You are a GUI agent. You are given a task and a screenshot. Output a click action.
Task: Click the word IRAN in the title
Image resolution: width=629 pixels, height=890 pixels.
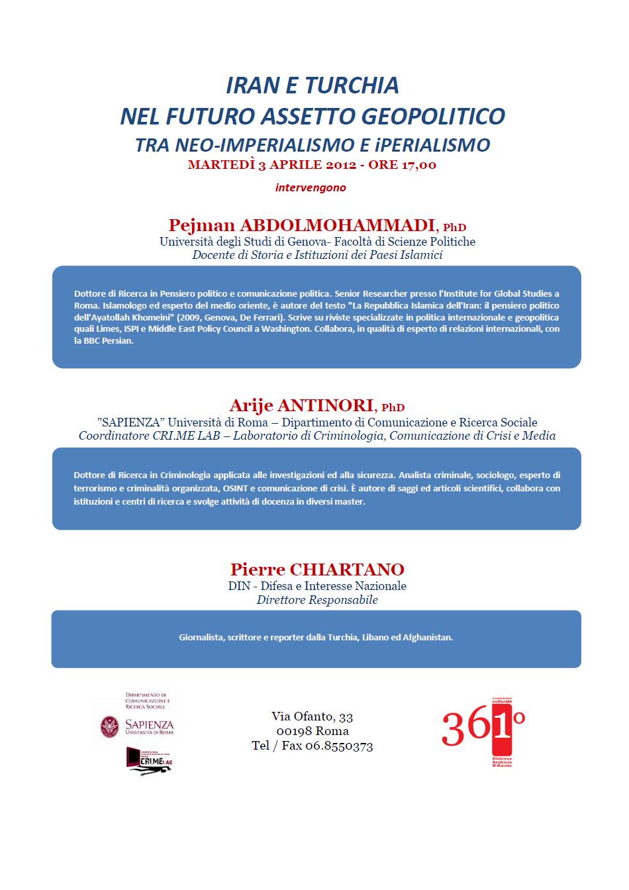(251, 85)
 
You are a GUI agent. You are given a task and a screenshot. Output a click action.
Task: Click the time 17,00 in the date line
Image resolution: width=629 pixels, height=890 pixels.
(418, 165)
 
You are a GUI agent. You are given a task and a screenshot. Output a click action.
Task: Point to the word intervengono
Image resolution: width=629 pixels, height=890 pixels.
(311, 187)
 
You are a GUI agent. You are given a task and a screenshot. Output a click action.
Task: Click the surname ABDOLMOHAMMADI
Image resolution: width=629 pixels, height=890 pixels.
(337, 225)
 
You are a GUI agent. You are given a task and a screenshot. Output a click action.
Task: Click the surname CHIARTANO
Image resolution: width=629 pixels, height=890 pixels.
(347, 569)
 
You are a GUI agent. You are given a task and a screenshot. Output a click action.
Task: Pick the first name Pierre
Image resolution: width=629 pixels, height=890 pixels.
(258, 569)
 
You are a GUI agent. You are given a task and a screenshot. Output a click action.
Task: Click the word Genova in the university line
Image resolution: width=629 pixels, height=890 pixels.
(296, 242)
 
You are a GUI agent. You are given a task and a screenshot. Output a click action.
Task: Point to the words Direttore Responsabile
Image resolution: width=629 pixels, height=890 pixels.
(317, 600)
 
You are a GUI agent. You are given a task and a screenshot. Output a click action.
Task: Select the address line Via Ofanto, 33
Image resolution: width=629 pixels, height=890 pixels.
(312, 717)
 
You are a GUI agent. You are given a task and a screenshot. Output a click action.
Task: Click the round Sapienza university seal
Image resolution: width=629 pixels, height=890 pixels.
(110, 727)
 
